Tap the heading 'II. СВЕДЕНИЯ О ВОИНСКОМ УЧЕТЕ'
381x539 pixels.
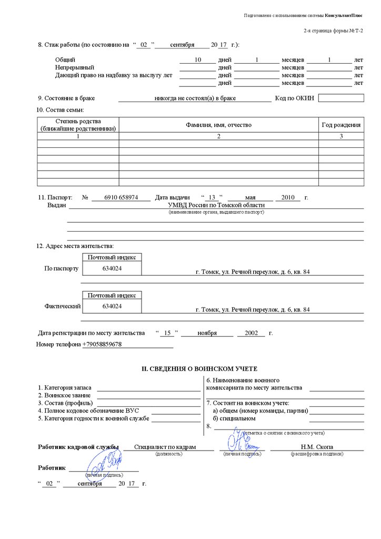click(199, 369)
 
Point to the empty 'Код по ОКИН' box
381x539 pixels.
click(341, 98)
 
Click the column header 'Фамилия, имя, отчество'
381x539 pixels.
click(218, 125)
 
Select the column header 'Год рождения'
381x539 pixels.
click(341, 125)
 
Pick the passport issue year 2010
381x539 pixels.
click(288, 197)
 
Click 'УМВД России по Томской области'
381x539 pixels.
click(216, 205)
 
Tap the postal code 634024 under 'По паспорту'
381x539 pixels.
click(112, 268)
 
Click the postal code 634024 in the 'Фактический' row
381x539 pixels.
click(112, 306)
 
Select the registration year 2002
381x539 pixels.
click(247, 333)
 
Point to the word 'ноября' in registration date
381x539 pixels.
click(207, 333)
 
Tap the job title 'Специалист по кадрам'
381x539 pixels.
click(165, 447)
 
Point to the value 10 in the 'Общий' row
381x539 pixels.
click(198, 59)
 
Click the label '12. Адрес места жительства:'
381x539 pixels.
click(75, 246)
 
